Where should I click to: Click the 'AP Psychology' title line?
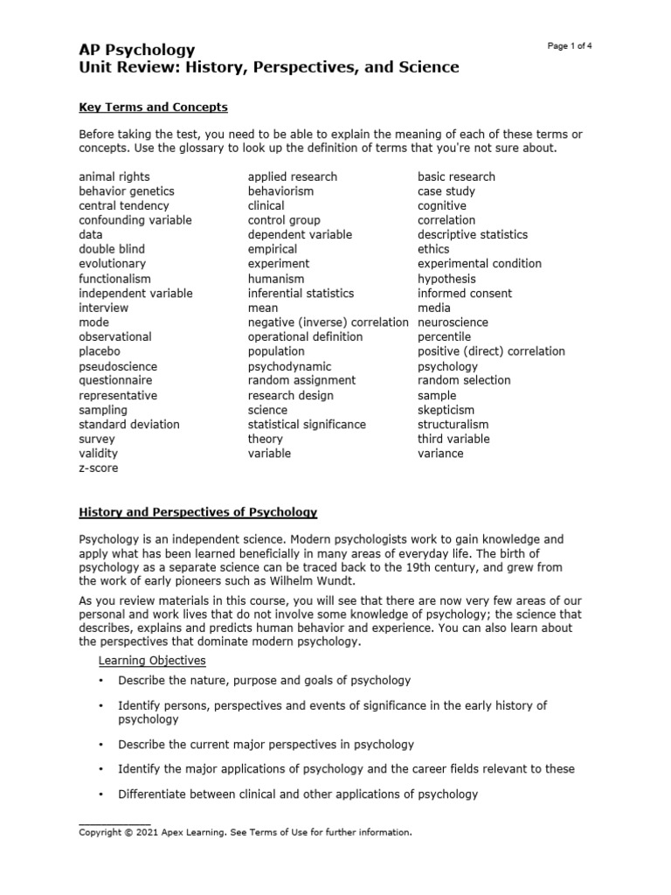click(x=137, y=50)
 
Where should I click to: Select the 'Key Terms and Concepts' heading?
click(x=153, y=108)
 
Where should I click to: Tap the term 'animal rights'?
click(x=114, y=177)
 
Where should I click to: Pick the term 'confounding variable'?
click(x=135, y=220)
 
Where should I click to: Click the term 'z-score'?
click(x=98, y=468)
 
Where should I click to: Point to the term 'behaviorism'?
click(x=280, y=191)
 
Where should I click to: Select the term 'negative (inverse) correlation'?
click(x=328, y=323)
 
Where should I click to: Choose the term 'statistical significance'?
click(x=307, y=425)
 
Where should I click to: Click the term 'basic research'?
click(x=456, y=177)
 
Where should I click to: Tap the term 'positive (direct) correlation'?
click(x=491, y=351)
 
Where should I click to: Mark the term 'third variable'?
click(x=453, y=439)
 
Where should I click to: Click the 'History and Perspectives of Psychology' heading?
click(x=198, y=512)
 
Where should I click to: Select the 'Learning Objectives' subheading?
click(x=152, y=660)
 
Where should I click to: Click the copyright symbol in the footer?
click(x=129, y=833)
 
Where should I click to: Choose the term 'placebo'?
click(x=100, y=351)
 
